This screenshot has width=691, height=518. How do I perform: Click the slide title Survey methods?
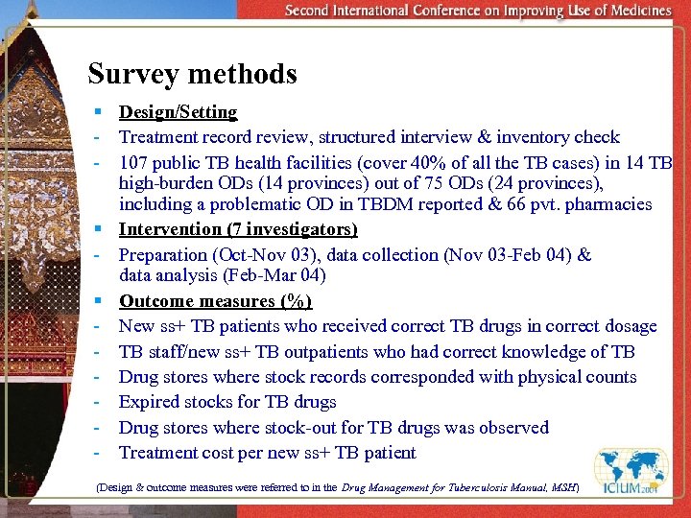click(x=192, y=74)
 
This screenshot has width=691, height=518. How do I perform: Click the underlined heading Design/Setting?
click(x=178, y=112)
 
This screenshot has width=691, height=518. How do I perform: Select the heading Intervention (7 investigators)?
click(x=238, y=229)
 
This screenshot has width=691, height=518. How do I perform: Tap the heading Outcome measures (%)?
click(x=215, y=301)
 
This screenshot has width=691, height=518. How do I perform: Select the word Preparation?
click(x=164, y=255)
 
